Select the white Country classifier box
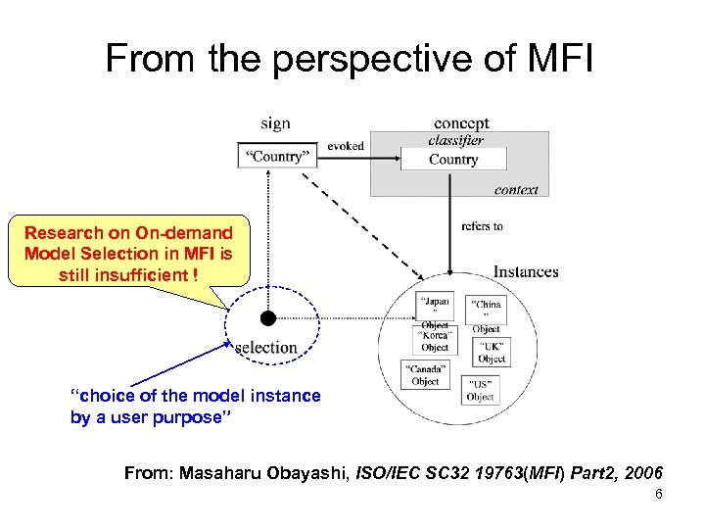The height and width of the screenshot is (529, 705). click(453, 160)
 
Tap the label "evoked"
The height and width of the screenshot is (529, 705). click(346, 146)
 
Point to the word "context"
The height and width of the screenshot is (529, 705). click(516, 189)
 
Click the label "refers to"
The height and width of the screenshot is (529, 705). click(482, 226)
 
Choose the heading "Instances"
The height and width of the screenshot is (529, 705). click(526, 271)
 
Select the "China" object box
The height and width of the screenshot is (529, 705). click(486, 311)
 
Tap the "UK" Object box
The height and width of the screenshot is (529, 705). click(492, 353)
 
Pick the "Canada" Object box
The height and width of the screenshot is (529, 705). click(425, 374)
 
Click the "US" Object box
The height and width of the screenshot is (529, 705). click(480, 390)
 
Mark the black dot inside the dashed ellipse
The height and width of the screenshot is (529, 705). click(267, 318)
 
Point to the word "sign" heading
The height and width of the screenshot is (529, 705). click(275, 123)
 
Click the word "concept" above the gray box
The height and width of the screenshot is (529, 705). click(461, 123)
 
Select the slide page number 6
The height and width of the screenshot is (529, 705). click(659, 495)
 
